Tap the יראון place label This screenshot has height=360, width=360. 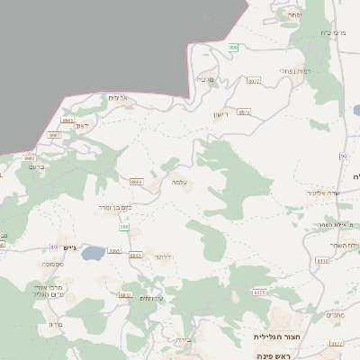(x=83, y=125)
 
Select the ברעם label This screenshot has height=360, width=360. (x=37, y=166)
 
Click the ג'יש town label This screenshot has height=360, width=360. (x=72, y=247)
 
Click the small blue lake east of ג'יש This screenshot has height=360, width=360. (x=93, y=255)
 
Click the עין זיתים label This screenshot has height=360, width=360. (x=139, y=298)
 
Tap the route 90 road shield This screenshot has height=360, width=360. (x=343, y=156)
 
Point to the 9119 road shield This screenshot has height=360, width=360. (x=322, y=260)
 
